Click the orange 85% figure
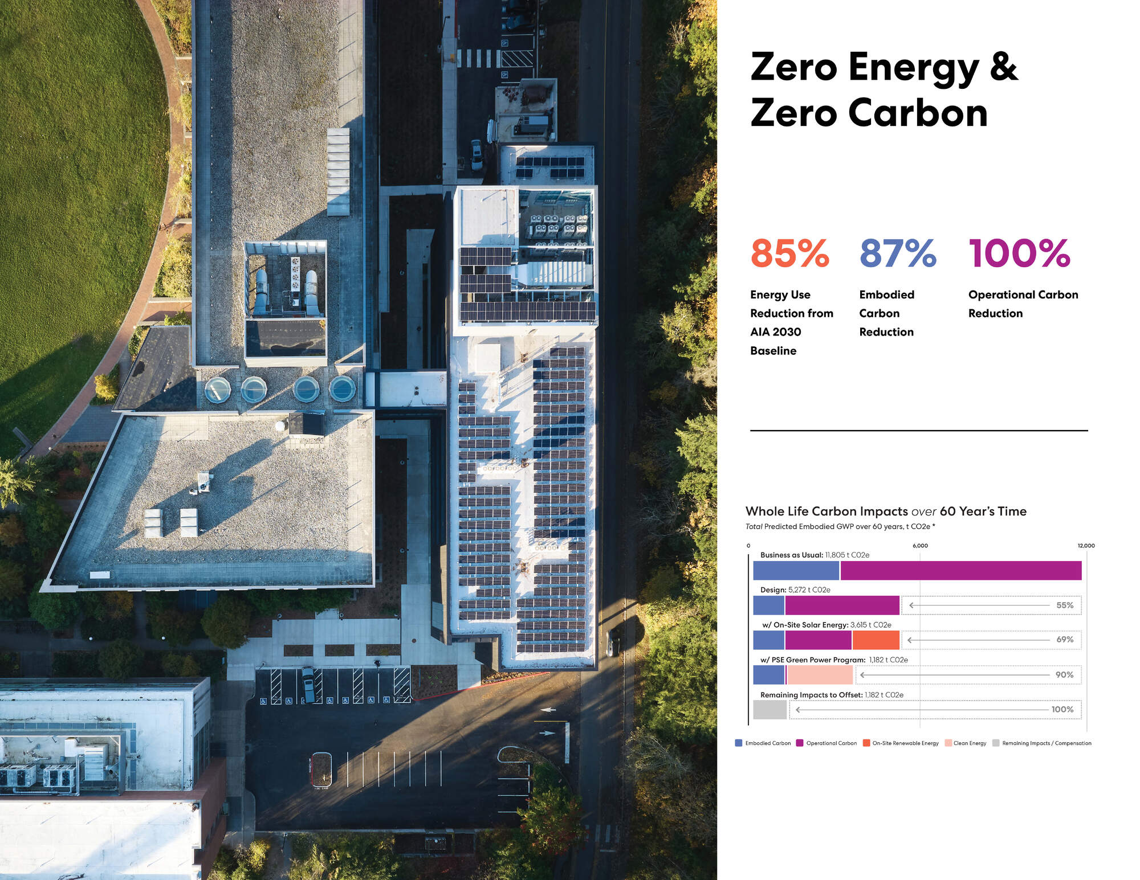[x=789, y=253]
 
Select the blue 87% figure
[x=898, y=253]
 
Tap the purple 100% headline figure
[x=1019, y=253]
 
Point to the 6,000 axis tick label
[x=920, y=546]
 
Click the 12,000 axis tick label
[x=1086, y=546]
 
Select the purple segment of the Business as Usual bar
[x=960, y=571]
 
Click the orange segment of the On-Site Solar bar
[x=876, y=640]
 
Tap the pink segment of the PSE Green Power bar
[x=820, y=675]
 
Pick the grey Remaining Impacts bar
[x=769, y=710]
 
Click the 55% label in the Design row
[x=1064, y=605]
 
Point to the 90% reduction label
[x=1064, y=675]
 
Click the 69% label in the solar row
[x=1064, y=640]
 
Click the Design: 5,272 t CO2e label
[x=795, y=590]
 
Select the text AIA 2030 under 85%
[x=775, y=332]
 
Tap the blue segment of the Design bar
[x=768, y=605]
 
